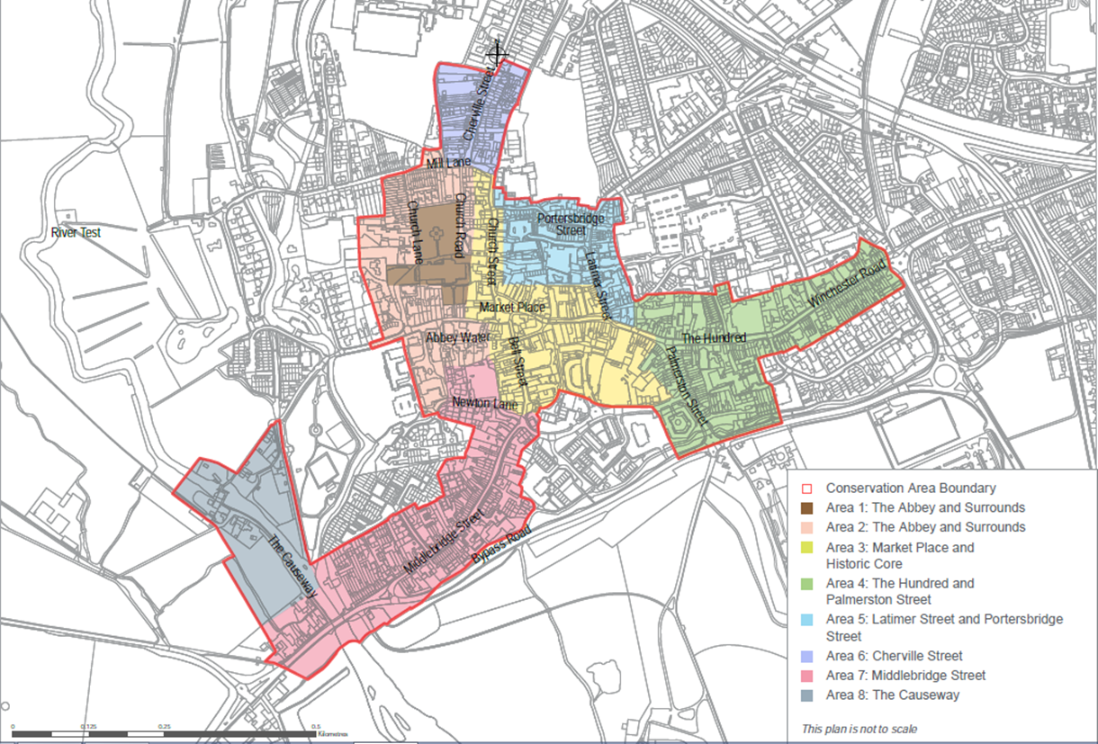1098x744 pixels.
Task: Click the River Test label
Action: (76, 233)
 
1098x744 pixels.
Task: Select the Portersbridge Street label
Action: (568, 224)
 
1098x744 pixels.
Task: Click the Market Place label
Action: (512, 308)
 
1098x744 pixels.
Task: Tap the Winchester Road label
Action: (848, 282)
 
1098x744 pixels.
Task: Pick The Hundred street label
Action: (714, 337)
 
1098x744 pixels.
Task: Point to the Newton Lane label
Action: (485, 404)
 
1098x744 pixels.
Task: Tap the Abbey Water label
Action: (458, 337)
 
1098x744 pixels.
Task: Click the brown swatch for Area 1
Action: (807, 508)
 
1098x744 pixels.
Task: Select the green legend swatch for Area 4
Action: (807, 584)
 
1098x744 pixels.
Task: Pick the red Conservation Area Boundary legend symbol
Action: (807, 489)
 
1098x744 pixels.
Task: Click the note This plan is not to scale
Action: (859, 729)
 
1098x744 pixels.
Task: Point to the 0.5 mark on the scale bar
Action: (315, 725)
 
